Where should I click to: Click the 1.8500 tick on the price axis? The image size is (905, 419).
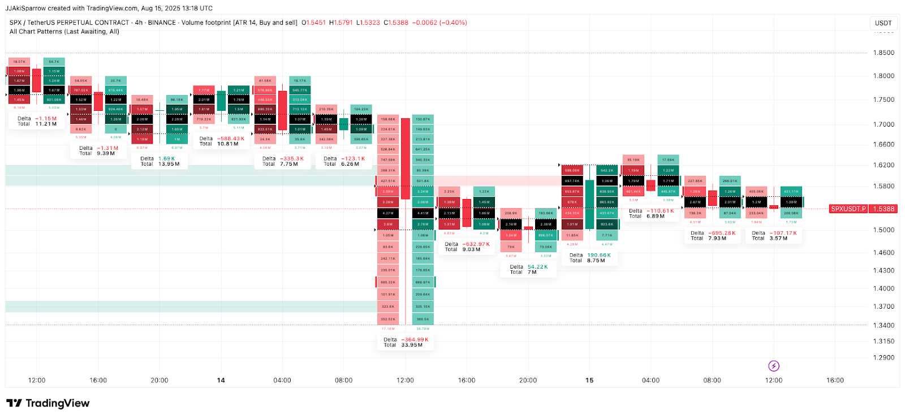pos(884,53)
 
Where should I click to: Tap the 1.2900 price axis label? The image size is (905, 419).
pos(884,357)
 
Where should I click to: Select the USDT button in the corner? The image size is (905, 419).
pos(883,23)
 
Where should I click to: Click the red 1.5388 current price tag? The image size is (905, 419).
pos(884,209)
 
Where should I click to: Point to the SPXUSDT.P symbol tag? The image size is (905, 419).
pos(848,209)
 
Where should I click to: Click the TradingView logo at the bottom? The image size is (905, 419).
pos(48,403)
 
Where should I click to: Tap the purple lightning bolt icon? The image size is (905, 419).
pos(774,366)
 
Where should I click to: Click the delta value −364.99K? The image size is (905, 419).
pos(415,340)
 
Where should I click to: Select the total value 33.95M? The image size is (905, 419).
pos(411,345)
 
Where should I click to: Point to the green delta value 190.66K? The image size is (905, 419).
pos(599,255)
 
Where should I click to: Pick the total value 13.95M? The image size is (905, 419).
pos(169,164)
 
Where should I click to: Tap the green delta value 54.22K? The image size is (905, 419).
pos(537,267)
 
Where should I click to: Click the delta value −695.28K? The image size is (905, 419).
pos(722,233)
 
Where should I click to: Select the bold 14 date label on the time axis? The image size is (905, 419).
pos(221,380)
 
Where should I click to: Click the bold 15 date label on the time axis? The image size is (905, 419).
pos(589,380)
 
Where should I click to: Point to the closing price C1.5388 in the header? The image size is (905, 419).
pos(395,23)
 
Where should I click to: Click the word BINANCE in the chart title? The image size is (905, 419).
pos(162,23)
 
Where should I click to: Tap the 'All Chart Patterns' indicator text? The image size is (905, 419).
pos(36,32)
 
